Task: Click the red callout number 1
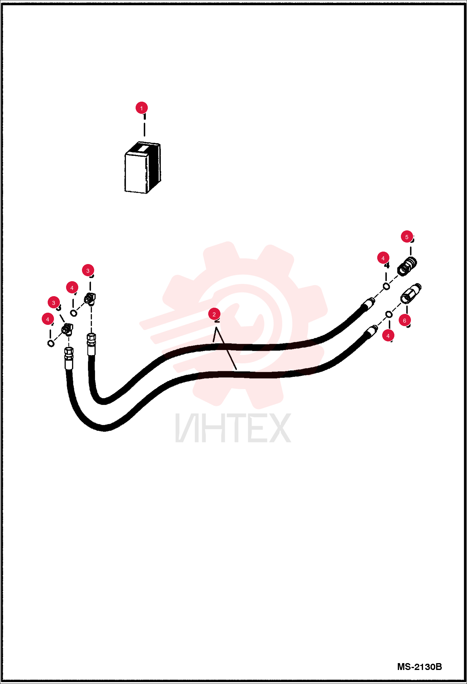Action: point(142,108)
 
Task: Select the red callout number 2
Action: point(214,314)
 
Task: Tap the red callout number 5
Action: point(407,237)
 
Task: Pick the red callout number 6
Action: point(405,320)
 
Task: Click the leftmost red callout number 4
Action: point(48,319)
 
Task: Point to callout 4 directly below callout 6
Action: point(388,336)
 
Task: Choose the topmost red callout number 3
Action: point(88,271)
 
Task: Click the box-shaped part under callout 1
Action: point(143,168)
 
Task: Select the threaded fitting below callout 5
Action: point(407,267)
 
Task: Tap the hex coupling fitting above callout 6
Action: point(411,293)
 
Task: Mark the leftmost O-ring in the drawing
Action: point(51,343)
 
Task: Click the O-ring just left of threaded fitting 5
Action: point(386,286)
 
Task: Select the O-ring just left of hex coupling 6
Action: point(389,315)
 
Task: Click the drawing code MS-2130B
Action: point(419,667)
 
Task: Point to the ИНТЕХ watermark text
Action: point(233,428)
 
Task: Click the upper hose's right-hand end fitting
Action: point(369,303)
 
